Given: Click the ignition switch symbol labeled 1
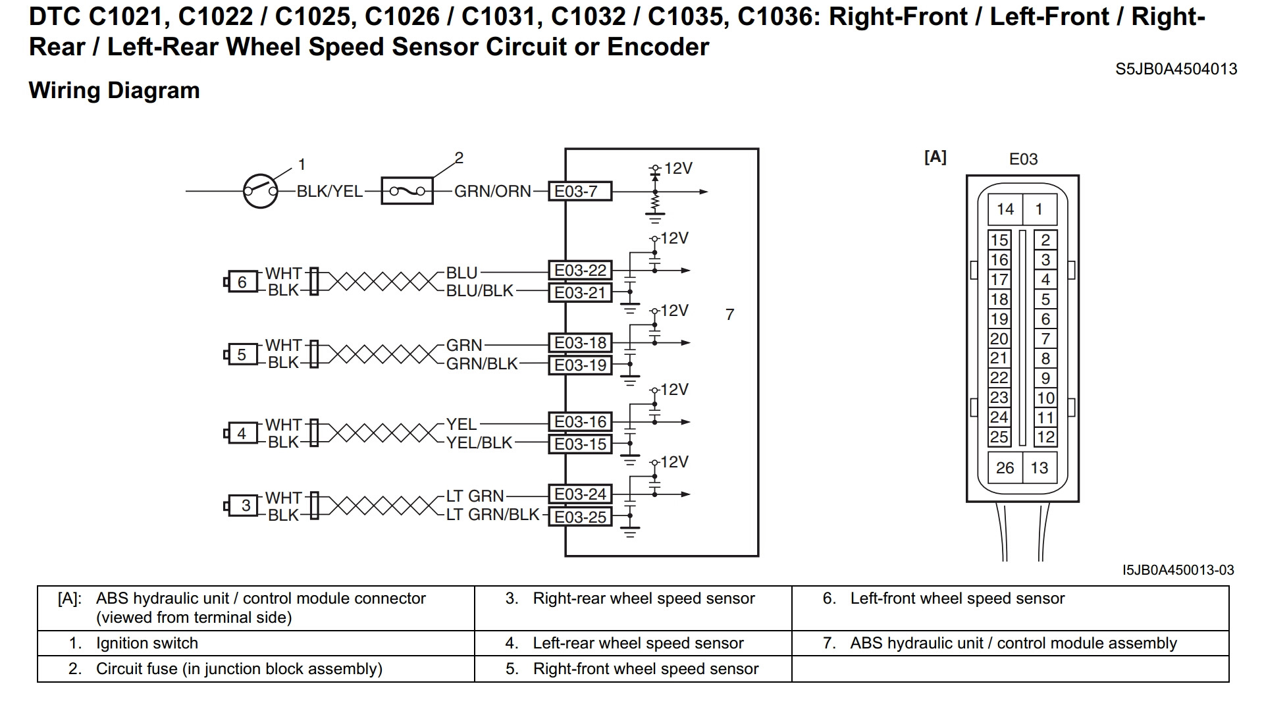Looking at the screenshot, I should [x=261, y=192].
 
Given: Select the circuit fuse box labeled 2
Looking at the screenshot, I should [x=408, y=192].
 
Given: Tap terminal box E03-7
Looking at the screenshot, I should [x=580, y=192].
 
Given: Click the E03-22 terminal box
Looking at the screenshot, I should [x=580, y=271].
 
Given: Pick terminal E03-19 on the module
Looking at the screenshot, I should [x=580, y=365].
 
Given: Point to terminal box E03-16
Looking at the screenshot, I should [x=580, y=422].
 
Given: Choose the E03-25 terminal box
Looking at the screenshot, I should [x=580, y=517].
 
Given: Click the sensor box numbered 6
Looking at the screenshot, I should [x=242, y=282].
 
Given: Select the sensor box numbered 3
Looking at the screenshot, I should [x=246, y=506].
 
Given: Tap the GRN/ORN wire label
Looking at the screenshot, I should [x=492, y=192].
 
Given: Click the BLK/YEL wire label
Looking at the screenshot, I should [x=330, y=192].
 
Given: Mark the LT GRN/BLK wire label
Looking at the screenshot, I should [x=492, y=515].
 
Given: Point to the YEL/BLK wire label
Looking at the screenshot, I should [x=479, y=443].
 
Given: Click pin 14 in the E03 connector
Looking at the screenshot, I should [x=1005, y=209].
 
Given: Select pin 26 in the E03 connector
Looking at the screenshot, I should [x=1005, y=468].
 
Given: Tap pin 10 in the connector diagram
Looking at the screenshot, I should [x=1045, y=398].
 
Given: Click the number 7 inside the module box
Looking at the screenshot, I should [x=729, y=315].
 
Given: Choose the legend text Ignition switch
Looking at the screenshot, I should [x=147, y=643].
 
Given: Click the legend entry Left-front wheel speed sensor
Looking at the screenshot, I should [x=957, y=598].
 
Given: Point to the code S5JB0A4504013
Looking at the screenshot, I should [x=1176, y=69].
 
